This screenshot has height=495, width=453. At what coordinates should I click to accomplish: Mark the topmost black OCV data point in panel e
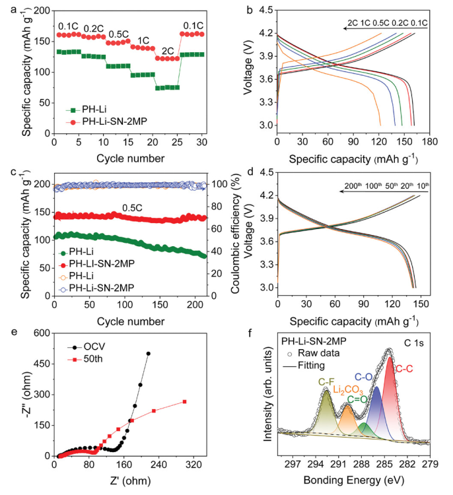click(149, 354)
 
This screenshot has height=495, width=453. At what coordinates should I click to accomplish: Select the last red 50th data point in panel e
click(185, 401)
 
